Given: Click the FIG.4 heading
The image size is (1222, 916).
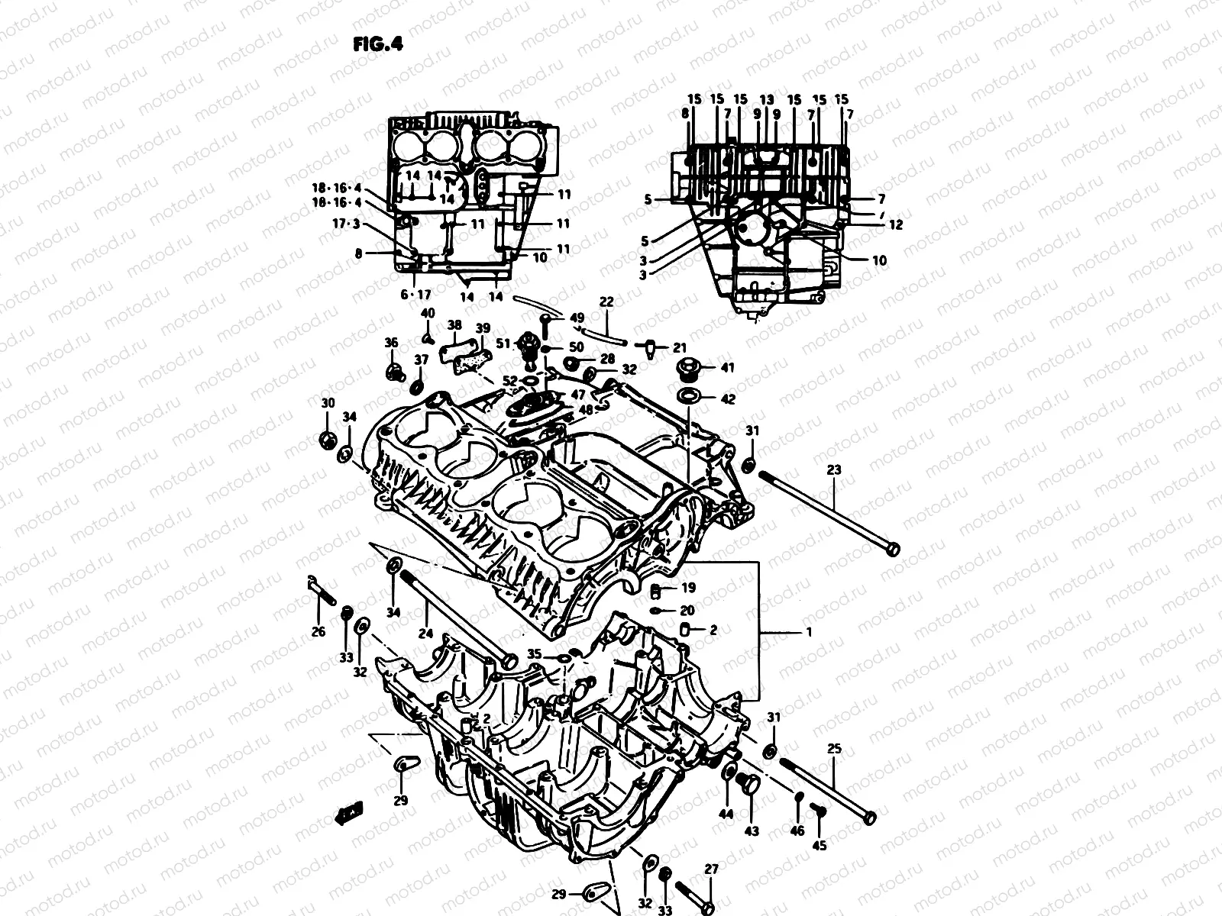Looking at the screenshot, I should pos(377,44).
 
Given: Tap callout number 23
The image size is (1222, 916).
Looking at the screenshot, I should pos(833,470).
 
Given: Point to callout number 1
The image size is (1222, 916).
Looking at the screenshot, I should pos(809,632).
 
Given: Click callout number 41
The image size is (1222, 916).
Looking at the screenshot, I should pos(727,368).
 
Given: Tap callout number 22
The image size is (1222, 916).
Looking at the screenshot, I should pos(606,302).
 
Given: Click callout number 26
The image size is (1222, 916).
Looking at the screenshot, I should pos(318,631).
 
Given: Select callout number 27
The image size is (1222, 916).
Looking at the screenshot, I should pos(711,869).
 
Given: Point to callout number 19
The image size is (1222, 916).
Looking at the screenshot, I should pos(688,589).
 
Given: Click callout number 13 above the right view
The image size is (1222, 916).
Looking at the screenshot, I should pos(767,100).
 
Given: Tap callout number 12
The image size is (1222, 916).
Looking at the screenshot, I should pos(896,225).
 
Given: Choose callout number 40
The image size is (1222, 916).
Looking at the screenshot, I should pos(428,313).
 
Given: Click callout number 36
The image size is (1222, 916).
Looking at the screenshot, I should pos(391,343).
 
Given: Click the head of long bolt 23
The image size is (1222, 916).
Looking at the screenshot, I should pos(891,548).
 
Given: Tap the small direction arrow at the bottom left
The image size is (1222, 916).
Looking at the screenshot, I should pos(351,814).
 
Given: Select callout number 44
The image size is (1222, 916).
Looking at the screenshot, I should pos(726,814).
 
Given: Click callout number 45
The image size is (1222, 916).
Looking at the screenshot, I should pos(820,846).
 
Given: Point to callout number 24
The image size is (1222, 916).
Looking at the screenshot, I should pos(425,633).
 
